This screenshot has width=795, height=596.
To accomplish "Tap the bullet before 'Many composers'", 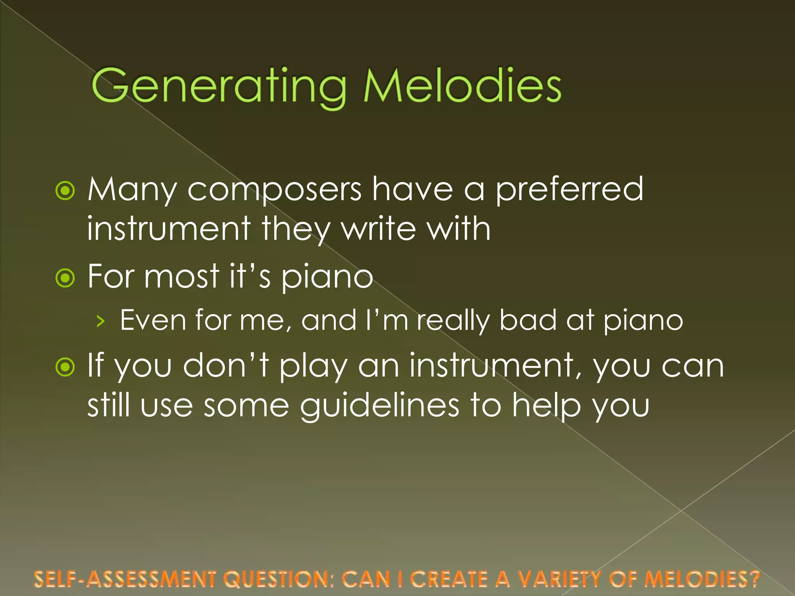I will (x=65, y=191).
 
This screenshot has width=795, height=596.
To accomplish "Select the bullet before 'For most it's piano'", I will (x=65, y=277).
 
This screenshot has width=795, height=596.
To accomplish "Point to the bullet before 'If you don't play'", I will (x=65, y=367).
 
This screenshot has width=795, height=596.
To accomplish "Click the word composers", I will (x=274, y=190).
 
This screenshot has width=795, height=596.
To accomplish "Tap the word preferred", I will (x=569, y=190).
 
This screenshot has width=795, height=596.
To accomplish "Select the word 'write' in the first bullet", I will (x=378, y=229).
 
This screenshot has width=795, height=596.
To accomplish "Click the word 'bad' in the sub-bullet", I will (x=528, y=321).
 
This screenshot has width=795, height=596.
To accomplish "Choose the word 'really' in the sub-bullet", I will (x=453, y=321).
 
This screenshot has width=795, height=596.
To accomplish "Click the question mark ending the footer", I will (x=754, y=579).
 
